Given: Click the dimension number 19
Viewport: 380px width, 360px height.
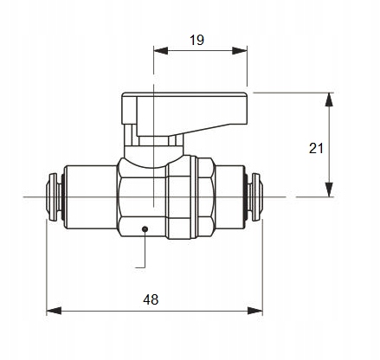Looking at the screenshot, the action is click(x=197, y=40).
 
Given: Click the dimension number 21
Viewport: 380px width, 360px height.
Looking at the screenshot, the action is click(x=317, y=148).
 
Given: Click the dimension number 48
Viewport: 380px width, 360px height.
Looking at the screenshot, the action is click(x=151, y=299).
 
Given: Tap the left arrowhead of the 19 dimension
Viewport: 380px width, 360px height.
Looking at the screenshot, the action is click(x=161, y=50).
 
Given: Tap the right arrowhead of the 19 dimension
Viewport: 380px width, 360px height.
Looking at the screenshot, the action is click(x=240, y=50).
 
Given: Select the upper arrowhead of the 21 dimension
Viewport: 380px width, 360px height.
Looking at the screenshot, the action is click(x=329, y=100).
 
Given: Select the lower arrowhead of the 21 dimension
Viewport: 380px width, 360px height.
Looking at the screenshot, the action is click(x=329, y=190).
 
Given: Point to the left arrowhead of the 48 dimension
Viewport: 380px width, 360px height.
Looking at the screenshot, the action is click(x=54, y=311).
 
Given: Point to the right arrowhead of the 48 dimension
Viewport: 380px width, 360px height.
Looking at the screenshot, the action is click(x=255, y=311).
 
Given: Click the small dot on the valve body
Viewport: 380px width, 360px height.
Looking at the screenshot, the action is click(x=145, y=229).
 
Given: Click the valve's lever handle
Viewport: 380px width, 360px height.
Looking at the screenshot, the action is click(x=184, y=114).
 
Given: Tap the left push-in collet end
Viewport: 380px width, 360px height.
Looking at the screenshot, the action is click(x=55, y=197).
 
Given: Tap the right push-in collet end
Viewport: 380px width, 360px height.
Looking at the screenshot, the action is click(x=254, y=197).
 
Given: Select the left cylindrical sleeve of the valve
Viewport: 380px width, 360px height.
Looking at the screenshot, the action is click(x=90, y=197).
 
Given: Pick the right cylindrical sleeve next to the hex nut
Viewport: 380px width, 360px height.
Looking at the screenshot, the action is click(x=229, y=197).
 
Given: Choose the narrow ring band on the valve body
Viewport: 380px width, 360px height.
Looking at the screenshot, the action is click(x=195, y=197).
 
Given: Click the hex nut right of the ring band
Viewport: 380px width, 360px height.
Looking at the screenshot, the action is click(x=207, y=197).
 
